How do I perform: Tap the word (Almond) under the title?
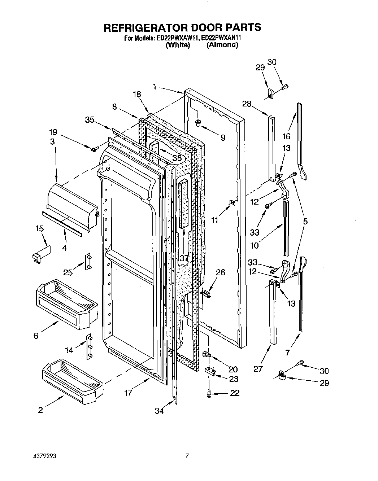pyautogui.click(x=222, y=45)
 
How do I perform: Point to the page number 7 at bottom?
pyautogui.click(x=187, y=456)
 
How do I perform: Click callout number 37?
pyautogui.click(x=184, y=258)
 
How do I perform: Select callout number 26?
pyautogui.click(x=220, y=272)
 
